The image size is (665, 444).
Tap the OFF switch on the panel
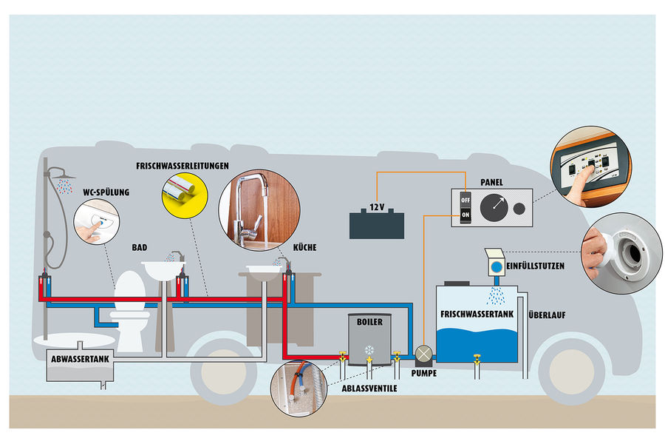pos(465,200)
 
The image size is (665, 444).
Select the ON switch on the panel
pos(465,215)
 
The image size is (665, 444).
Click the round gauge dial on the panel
pos(495,208)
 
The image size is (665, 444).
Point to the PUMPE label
pos(423,374)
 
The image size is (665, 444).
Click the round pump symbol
pos(423,355)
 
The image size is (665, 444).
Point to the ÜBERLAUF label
pos(548,314)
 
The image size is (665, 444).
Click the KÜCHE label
pos(304,248)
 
